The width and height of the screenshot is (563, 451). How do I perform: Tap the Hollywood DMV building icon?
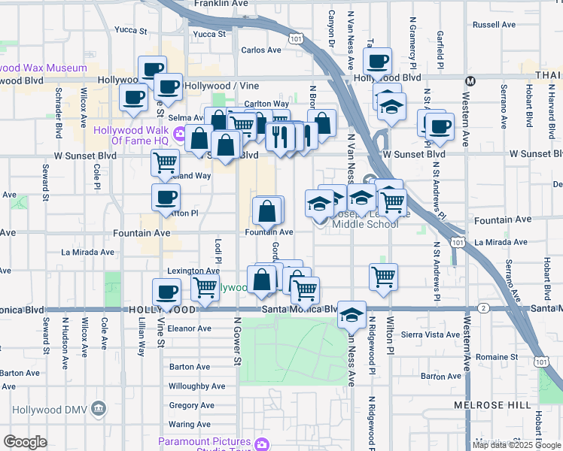coord(98,409)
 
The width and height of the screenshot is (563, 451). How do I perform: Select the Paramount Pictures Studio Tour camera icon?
coord(261,444)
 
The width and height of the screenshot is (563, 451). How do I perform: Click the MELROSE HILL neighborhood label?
coord(486,405)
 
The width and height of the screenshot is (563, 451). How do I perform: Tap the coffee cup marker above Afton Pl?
coord(166,198)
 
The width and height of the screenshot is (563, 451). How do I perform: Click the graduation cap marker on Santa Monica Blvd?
coord(351,313)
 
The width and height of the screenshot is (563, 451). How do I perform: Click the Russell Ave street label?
coord(495,25)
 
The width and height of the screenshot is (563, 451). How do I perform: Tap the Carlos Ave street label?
coord(261,50)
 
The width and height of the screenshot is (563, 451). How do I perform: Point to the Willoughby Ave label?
coord(197,386)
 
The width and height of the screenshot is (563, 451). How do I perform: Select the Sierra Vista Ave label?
coord(431,335)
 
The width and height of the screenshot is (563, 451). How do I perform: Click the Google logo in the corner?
coord(25,442)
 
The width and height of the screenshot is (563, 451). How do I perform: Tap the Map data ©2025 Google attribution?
coord(517,445)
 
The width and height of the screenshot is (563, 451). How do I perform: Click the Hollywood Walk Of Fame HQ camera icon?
coord(179,135)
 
